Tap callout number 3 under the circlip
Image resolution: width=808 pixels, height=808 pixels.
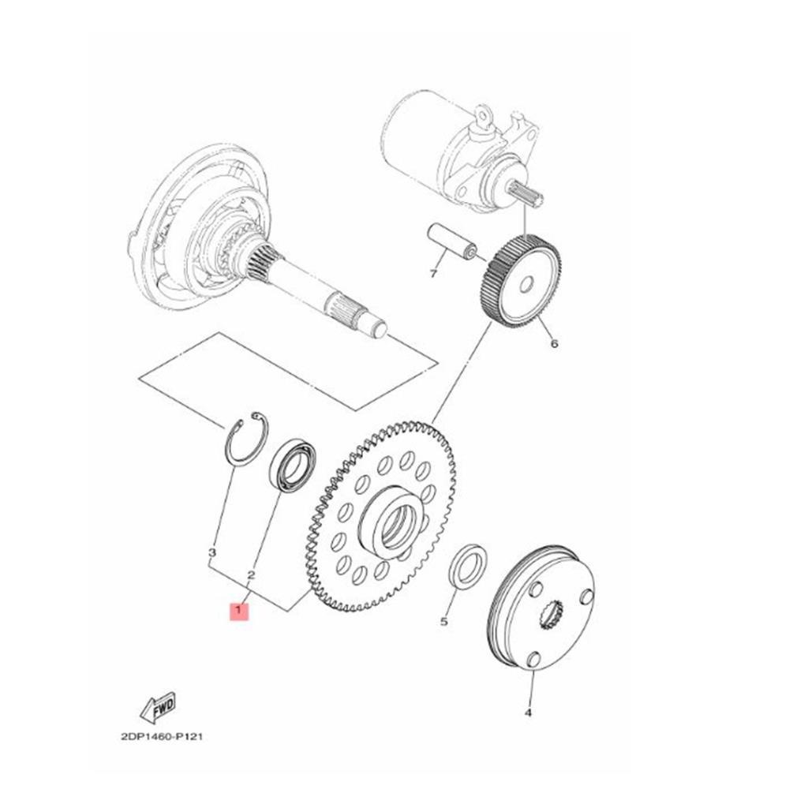point(211,553)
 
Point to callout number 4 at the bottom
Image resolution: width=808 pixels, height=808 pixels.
point(528,713)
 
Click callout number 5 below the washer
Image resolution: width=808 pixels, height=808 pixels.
point(443,622)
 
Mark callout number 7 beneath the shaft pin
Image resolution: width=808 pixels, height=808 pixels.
point(433,274)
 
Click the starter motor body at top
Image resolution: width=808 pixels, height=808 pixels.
point(426,146)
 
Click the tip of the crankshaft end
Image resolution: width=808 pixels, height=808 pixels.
point(378,327)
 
